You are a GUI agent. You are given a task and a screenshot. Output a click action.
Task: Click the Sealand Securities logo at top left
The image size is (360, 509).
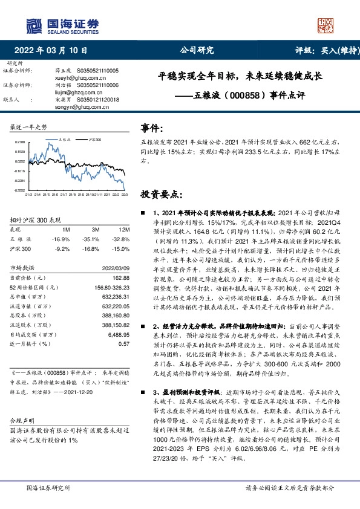(61, 25)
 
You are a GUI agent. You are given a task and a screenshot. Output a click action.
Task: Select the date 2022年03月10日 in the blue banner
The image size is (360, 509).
(54, 50)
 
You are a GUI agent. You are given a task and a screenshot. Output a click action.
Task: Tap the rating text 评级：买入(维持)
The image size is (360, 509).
(323, 50)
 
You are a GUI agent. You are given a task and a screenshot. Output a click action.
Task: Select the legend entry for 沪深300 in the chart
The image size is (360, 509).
(93, 139)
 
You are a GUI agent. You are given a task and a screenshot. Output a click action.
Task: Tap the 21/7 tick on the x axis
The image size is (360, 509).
(64, 195)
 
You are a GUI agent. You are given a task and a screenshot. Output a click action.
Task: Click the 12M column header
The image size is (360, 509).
(124, 230)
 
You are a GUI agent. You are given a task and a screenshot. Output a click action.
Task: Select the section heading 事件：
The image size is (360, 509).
(151, 128)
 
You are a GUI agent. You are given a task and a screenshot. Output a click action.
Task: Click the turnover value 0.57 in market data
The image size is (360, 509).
(125, 343)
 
